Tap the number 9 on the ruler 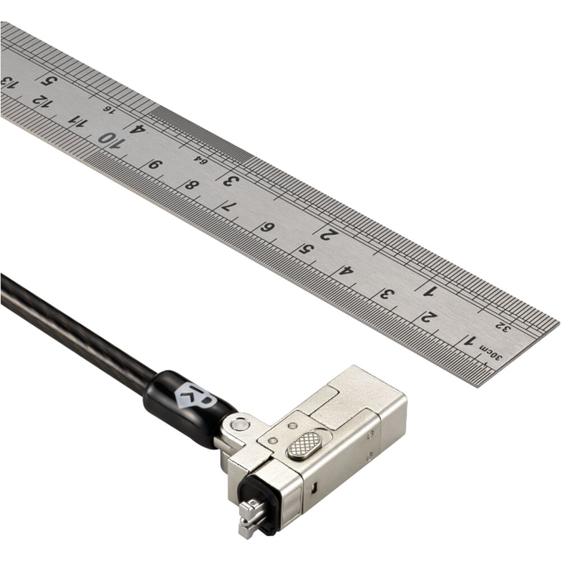click(155, 164)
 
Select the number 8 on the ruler click(192, 185)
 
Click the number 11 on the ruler click(77, 121)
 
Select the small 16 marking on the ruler click(109, 109)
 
